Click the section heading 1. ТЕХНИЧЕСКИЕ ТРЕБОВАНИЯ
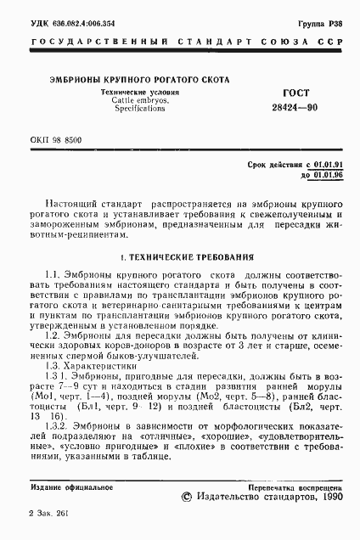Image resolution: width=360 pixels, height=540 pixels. click(x=180, y=256)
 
